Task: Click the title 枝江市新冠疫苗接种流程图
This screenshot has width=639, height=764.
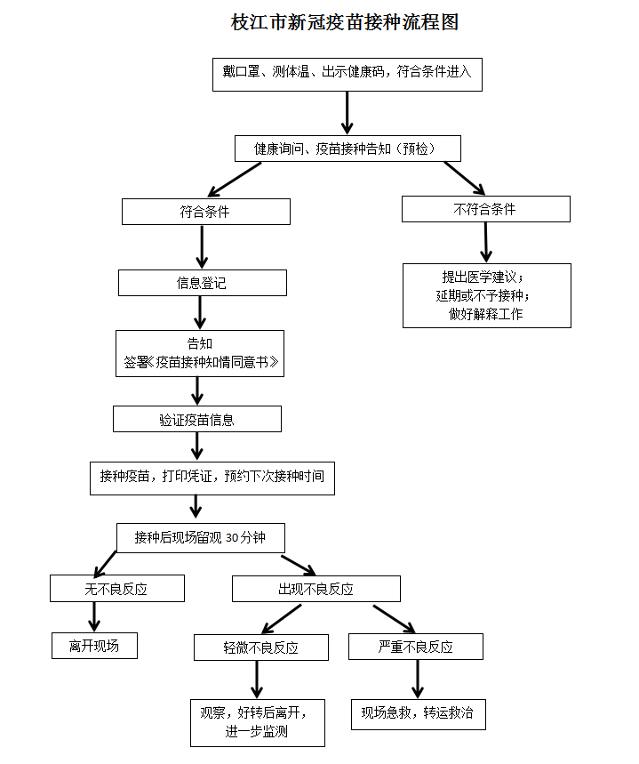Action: [x=345, y=22]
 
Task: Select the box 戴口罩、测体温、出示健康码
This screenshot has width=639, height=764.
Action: [x=347, y=75]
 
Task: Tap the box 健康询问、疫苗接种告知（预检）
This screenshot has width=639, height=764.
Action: [x=347, y=149]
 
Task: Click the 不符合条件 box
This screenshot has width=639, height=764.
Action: [x=485, y=209]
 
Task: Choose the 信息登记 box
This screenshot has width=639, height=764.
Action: [x=202, y=283]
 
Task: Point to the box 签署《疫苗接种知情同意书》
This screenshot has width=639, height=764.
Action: [x=200, y=353]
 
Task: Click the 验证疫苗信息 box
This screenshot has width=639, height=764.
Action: [x=197, y=419]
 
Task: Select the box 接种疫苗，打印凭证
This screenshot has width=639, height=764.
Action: [x=212, y=479]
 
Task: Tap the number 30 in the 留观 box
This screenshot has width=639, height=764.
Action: [x=232, y=538]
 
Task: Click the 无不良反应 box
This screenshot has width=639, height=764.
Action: [x=117, y=589]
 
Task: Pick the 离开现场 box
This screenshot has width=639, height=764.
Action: [x=94, y=646]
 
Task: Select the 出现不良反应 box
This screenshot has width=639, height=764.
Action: [x=316, y=589]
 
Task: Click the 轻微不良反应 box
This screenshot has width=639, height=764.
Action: [x=261, y=647]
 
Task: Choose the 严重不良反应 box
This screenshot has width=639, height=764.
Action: [x=415, y=647]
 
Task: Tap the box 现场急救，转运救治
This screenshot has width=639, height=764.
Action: [x=418, y=714]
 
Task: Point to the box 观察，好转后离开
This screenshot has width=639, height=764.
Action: [x=257, y=723]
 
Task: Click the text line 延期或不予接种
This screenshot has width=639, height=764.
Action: [x=483, y=296]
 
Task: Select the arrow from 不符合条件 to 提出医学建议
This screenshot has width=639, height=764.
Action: [x=485, y=242]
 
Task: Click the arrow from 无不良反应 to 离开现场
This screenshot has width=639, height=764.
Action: [x=94, y=617]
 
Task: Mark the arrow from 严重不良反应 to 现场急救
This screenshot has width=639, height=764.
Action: [x=418, y=680]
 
